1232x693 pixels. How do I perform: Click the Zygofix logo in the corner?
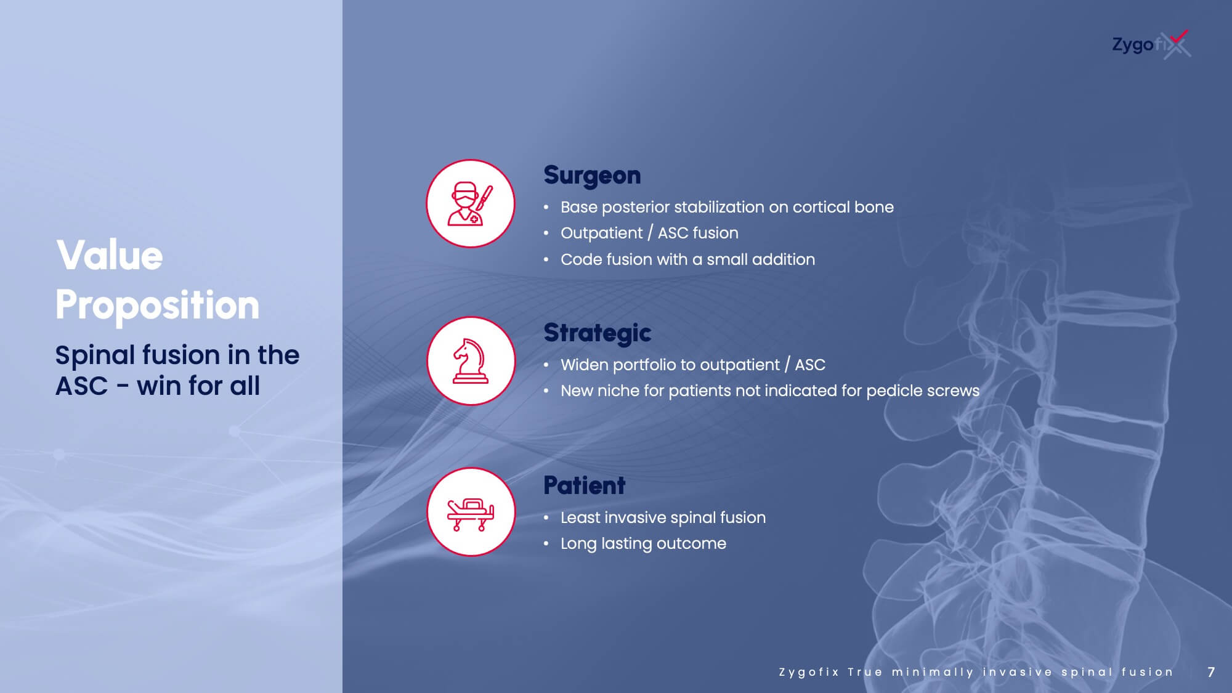click(1151, 44)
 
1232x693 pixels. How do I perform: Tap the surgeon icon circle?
click(471, 204)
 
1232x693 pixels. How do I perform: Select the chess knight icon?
click(471, 361)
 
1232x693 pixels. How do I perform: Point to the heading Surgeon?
click(592, 176)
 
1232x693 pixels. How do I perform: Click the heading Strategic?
click(597, 333)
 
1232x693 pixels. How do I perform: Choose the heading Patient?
click(584, 485)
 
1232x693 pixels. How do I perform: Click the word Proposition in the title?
click(158, 305)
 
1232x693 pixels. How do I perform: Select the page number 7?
click(1211, 672)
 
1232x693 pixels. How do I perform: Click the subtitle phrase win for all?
click(198, 386)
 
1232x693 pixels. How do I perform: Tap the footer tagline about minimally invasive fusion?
click(976, 672)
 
